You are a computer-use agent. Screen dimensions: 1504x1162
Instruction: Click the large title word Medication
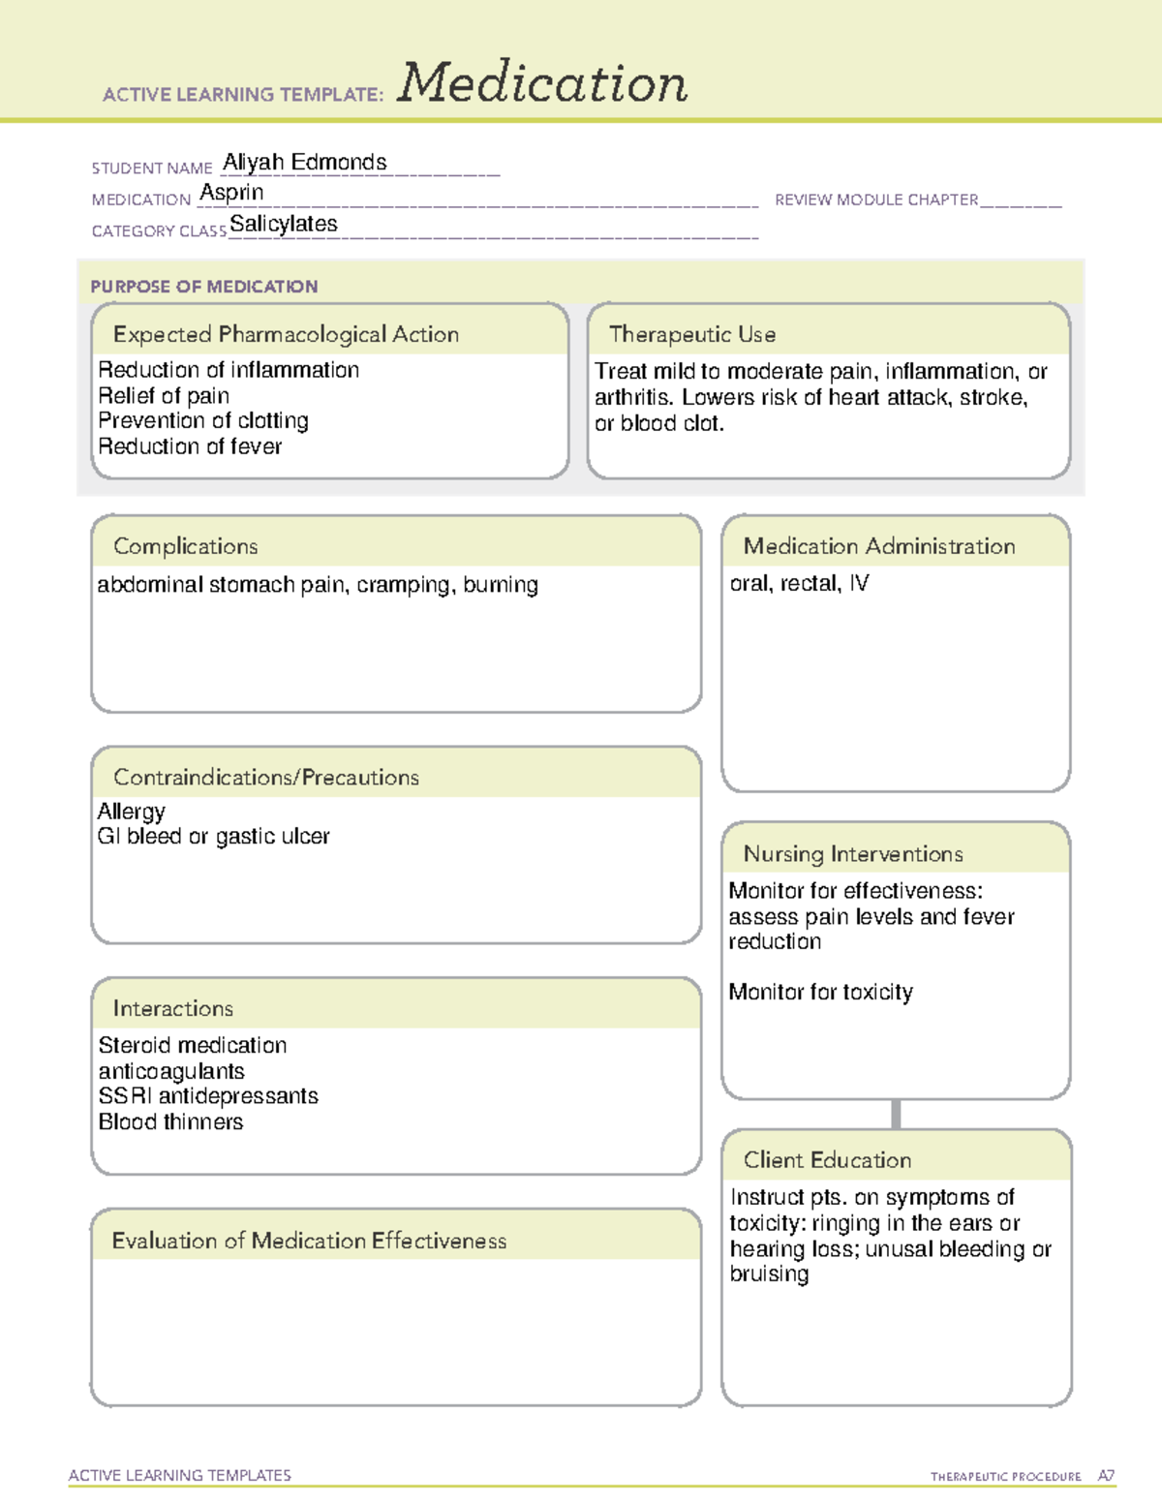click(x=541, y=83)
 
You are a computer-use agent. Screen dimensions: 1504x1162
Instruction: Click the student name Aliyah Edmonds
click(x=305, y=163)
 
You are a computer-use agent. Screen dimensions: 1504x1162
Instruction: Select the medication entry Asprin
click(x=231, y=193)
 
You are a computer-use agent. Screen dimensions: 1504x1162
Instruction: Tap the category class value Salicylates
click(x=284, y=225)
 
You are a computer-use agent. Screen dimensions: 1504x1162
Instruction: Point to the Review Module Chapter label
click(x=876, y=200)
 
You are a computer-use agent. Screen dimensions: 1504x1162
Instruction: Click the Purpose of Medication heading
click(x=204, y=287)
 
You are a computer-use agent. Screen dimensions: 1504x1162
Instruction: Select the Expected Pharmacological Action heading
click(x=286, y=334)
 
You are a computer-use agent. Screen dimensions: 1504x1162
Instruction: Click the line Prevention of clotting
click(x=203, y=421)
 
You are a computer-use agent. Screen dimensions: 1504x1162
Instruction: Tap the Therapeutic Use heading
click(x=692, y=334)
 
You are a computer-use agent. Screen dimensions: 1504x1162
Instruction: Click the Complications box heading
click(x=186, y=546)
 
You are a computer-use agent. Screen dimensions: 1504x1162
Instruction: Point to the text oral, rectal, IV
click(x=799, y=583)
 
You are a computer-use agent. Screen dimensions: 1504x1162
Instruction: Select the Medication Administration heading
click(x=879, y=546)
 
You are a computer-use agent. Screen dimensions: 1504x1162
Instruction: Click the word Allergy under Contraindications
click(x=132, y=812)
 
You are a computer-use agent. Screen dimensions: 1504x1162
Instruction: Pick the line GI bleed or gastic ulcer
click(x=214, y=837)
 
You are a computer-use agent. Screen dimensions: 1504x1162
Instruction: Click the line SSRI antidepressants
click(x=208, y=1096)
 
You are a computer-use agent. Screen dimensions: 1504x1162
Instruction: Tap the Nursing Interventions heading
click(x=853, y=854)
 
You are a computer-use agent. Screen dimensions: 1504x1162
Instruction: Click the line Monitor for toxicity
click(x=820, y=993)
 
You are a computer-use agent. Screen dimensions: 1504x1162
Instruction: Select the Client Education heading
click(x=827, y=1160)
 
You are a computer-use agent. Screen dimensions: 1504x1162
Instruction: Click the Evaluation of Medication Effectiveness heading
click(x=309, y=1241)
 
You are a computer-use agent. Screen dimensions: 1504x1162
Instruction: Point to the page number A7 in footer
click(x=1106, y=1476)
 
